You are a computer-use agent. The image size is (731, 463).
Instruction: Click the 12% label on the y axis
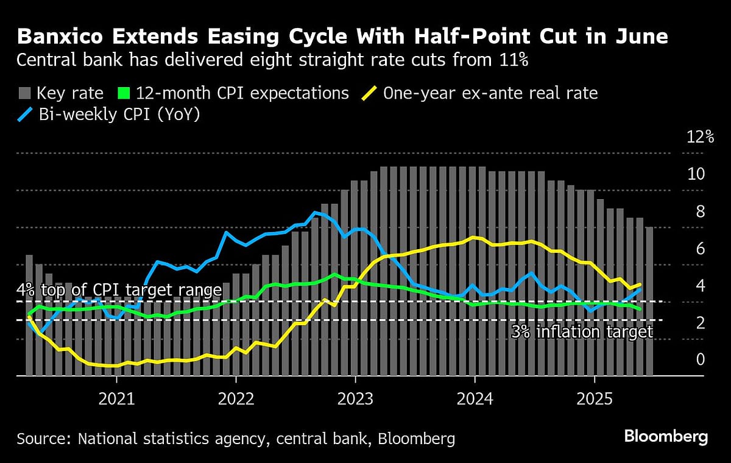pyautogui.click(x=700, y=136)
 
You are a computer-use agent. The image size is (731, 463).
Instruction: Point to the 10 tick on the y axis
pyautogui.click(x=696, y=174)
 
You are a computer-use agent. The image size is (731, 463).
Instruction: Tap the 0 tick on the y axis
pyautogui.click(x=701, y=359)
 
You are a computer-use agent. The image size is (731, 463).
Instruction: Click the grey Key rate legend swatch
pyautogui.click(x=24, y=93)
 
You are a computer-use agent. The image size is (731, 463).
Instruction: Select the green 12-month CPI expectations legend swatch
pyautogui.click(x=124, y=93)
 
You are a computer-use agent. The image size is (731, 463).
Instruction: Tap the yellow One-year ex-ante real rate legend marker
pyautogui.click(x=369, y=93)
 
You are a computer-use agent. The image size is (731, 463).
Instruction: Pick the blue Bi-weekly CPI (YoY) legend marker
pyautogui.click(x=24, y=114)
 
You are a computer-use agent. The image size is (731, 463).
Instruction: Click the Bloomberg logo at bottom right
pyautogui.click(x=666, y=437)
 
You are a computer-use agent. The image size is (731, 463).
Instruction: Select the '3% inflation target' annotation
pyautogui.click(x=582, y=332)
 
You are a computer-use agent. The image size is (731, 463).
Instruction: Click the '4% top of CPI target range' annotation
pyautogui.click(x=119, y=289)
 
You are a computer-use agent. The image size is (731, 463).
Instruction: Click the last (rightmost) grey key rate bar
pyautogui.click(x=649, y=301)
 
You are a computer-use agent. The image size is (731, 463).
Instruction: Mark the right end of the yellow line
pyautogui.click(x=639, y=285)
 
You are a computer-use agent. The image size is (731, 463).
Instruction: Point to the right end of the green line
pyautogui.click(x=639, y=309)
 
